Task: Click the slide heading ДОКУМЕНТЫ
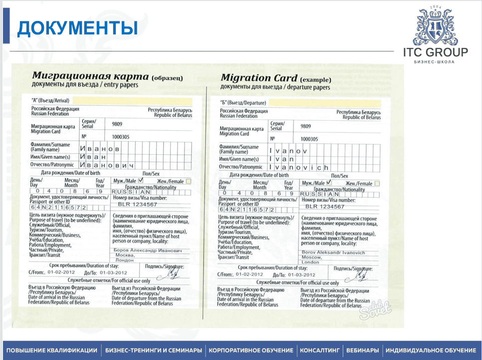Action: click(x=77, y=28)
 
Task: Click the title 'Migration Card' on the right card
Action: click(x=259, y=78)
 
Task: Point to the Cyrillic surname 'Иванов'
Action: click(x=99, y=148)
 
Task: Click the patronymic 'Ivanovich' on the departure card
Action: click(x=298, y=167)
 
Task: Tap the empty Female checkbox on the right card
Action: click(x=377, y=184)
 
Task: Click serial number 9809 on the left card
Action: click(x=117, y=123)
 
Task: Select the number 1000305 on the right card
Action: click(x=309, y=139)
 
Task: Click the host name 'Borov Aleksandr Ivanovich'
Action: click(x=334, y=253)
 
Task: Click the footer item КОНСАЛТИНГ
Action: click(x=319, y=350)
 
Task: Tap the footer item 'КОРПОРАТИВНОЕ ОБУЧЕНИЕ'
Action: click(x=251, y=350)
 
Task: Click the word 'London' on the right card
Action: click(x=310, y=262)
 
